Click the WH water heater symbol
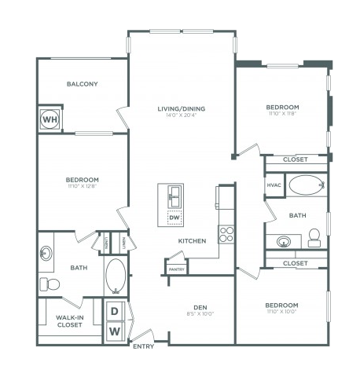click(x=49, y=119)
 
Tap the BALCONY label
click(x=82, y=83)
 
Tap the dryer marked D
click(x=115, y=312)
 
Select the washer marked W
click(x=115, y=331)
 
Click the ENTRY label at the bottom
click(x=143, y=346)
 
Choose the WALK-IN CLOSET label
click(x=71, y=320)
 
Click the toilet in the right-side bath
click(x=314, y=237)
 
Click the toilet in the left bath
click(x=47, y=283)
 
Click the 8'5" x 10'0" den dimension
click(x=199, y=316)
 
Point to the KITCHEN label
click(x=192, y=241)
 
